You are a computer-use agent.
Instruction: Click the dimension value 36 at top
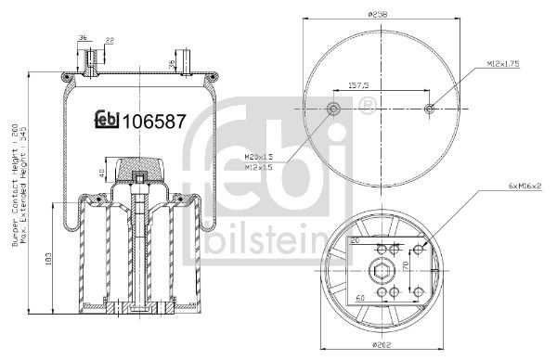83,38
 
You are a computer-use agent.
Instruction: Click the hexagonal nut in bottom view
379,272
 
